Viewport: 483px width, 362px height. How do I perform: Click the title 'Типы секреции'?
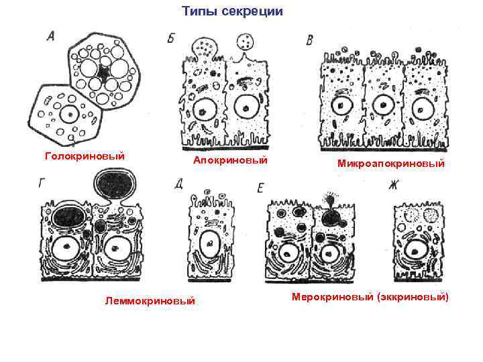[x=233, y=11]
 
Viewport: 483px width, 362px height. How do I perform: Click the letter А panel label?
[x=50, y=38]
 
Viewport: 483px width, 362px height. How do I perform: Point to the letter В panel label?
[x=310, y=41]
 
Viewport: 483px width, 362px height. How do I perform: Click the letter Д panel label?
[x=178, y=184]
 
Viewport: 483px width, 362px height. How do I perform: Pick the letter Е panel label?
[x=260, y=188]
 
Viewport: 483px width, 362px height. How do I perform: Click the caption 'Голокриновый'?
[x=85, y=156]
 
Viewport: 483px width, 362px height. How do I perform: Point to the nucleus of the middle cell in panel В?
[x=382, y=105]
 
